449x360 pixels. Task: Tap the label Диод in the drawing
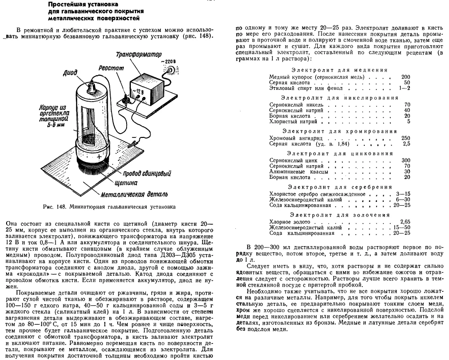tap(70, 73)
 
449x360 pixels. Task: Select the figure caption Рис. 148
tap(108, 206)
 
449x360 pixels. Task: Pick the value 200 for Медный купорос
tap(406, 76)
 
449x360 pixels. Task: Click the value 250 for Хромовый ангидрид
tap(406, 138)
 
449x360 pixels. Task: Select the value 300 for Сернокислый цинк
tap(406, 160)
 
